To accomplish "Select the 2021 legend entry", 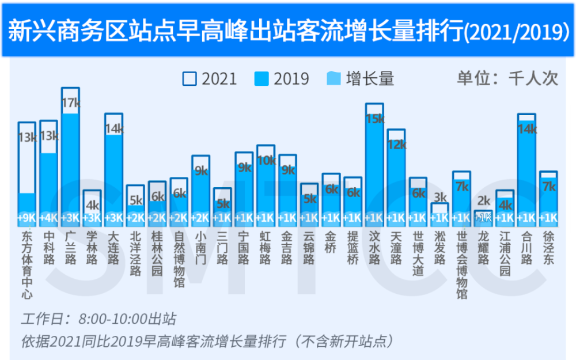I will (210, 79).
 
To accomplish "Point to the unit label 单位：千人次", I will (507, 78).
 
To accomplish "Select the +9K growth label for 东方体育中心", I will (27, 218).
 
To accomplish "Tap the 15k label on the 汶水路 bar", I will (374, 119).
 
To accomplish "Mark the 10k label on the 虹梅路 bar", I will (266, 161).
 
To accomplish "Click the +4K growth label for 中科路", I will (49, 218).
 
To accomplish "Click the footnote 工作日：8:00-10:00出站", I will (98, 319).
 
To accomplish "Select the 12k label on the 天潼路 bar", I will (396, 145).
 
